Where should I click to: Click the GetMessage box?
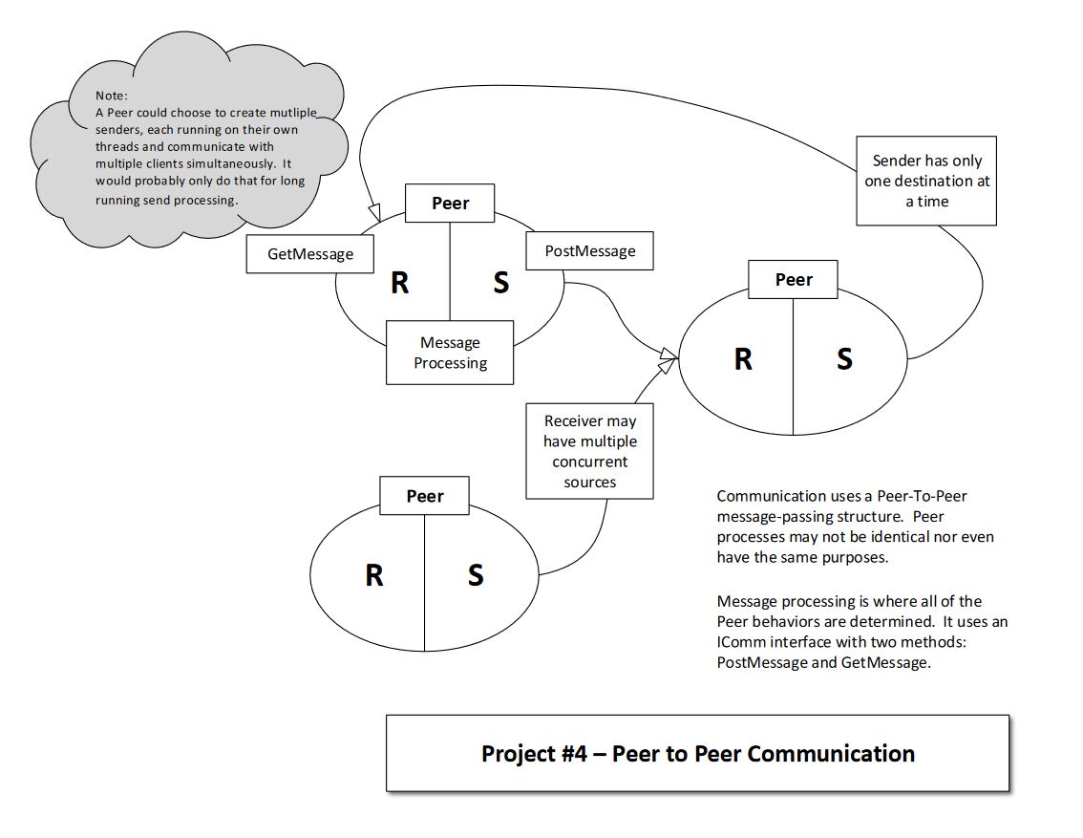310,253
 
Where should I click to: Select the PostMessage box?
590,250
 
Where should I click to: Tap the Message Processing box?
450,353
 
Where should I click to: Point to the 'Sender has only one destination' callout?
926,181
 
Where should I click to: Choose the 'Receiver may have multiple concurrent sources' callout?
590,451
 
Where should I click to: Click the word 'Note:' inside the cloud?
111,96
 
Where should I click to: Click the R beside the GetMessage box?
400,283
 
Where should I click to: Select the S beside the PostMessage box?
501,283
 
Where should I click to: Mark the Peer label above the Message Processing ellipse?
450,204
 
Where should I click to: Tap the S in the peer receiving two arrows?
844,359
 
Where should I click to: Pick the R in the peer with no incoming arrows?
374,575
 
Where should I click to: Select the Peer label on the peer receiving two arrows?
793,280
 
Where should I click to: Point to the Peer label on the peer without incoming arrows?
424,496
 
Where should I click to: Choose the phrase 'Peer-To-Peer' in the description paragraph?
922,496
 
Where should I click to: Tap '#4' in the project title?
573,753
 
